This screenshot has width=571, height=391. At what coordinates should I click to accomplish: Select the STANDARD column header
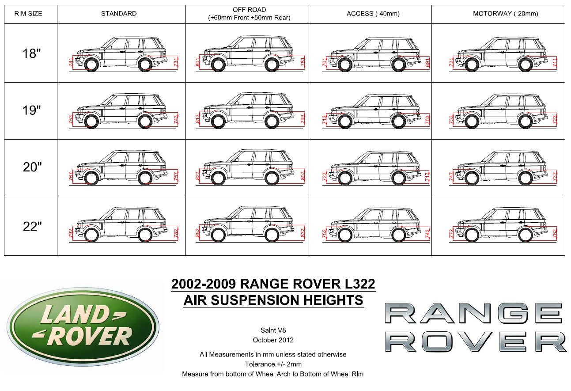click(x=119, y=14)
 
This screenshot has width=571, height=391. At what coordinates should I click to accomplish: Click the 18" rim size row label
click(x=31, y=53)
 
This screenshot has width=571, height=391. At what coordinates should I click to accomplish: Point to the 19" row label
click(x=31, y=110)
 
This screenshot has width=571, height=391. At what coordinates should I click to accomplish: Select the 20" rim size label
click(x=31, y=167)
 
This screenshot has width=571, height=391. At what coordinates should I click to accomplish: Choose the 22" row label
click(x=31, y=226)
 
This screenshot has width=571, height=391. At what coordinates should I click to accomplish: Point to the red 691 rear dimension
click(x=427, y=62)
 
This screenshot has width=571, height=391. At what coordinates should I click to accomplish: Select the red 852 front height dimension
click(x=197, y=233)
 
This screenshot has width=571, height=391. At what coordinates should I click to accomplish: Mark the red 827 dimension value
click(x=197, y=176)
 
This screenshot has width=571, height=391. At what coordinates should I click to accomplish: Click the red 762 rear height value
click(x=555, y=233)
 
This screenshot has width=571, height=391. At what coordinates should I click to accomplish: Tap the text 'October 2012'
click(x=273, y=340)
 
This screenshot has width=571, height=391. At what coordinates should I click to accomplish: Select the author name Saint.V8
click(x=273, y=330)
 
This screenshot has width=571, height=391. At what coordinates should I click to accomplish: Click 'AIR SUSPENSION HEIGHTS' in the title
click(x=273, y=300)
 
